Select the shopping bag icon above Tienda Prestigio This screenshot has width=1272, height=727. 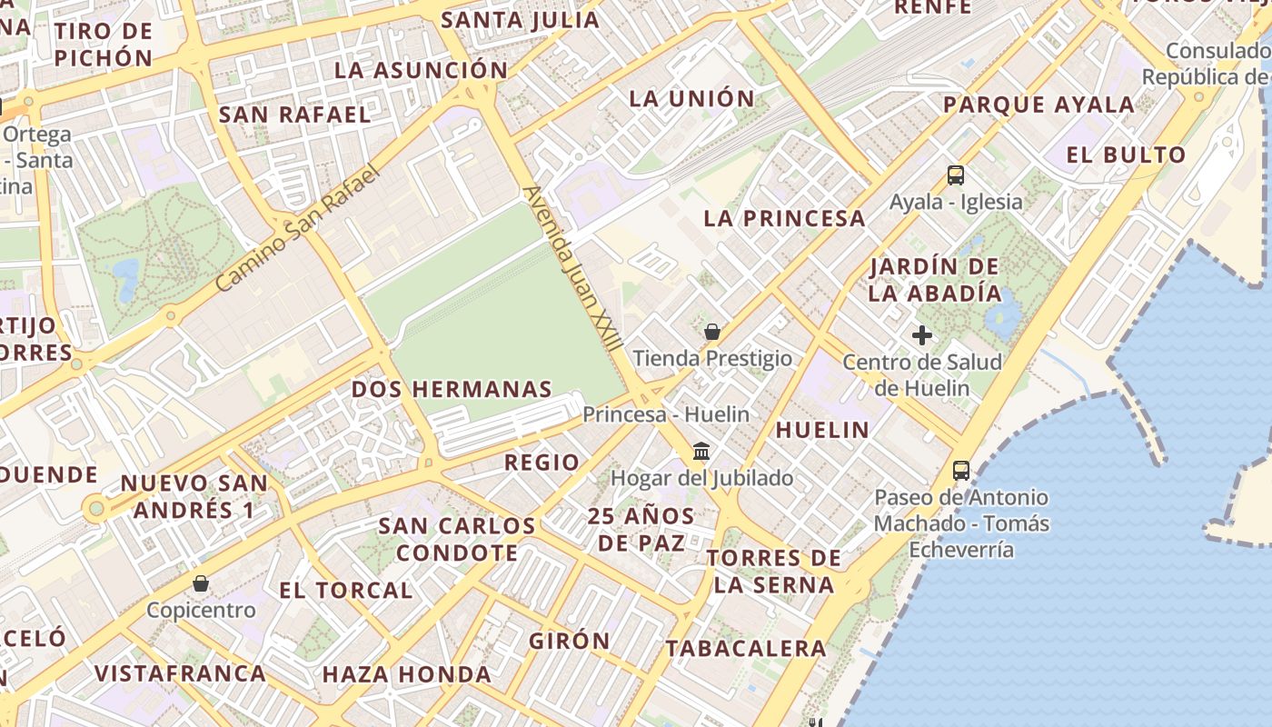pyautogui.click(x=712, y=332)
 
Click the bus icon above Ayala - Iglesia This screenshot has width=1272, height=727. pyautogui.click(x=955, y=175)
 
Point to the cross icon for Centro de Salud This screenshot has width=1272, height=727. pyautogui.click(x=922, y=335)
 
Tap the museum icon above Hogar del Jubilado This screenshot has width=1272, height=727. pyautogui.click(x=701, y=451)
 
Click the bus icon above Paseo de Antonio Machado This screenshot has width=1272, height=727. pyautogui.click(x=961, y=471)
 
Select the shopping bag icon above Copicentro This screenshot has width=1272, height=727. pyautogui.click(x=201, y=583)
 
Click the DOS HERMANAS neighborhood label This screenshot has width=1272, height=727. pyautogui.click(x=452, y=390)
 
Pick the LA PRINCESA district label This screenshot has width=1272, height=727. pyautogui.click(x=785, y=218)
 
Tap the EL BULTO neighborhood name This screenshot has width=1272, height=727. pyautogui.click(x=1127, y=155)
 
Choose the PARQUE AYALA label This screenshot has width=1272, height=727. pyautogui.click(x=1038, y=105)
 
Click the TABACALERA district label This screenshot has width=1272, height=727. pyautogui.click(x=746, y=649)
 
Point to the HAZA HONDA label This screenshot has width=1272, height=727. pyautogui.click(x=406, y=675)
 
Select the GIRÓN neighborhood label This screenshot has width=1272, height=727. pyautogui.click(x=570, y=641)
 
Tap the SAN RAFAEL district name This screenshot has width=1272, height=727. pyautogui.click(x=295, y=115)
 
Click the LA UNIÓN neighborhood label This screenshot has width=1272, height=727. pyautogui.click(x=691, y=99)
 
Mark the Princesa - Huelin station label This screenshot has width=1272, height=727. pyautogui.click(x=666, y=414)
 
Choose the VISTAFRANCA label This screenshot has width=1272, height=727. pyautogui.click(x=180, y=673)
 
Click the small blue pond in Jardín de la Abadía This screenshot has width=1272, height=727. pyautogui.click(x=1002, y=315)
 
